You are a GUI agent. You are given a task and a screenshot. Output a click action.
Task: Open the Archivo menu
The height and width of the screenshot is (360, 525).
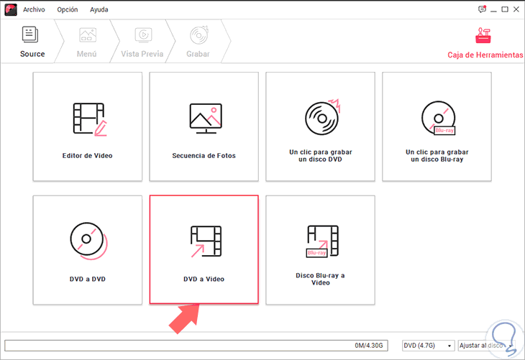pyautogui.click(x=34, y=10)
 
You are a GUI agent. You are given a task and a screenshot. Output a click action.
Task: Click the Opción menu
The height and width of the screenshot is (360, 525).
pyautogui.click(x=68, y=10)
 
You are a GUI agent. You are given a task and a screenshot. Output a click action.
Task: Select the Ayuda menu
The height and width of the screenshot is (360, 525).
pyautogui.click(x=99, y=10)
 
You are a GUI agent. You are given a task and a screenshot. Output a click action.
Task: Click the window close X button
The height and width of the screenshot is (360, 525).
pyautogui.click(x=516, y=9)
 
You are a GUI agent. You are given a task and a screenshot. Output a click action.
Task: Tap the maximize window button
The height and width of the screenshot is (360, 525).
pyautogui.click(x=505, y=9)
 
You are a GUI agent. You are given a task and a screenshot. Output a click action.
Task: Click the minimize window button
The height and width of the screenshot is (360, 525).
pyautogui.click(x=493, y=10)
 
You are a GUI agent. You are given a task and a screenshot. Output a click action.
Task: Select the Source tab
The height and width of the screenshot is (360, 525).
pyautogui.click(x=32, y=42)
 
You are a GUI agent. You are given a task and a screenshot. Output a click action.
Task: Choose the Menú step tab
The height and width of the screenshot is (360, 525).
pyautogui.click(x=87, y=42)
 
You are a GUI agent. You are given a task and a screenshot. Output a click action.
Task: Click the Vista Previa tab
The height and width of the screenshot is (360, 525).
pyautogui.click(x=142, y=42)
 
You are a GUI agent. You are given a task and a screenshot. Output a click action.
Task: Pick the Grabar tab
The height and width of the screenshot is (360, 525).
pyautogui.click(x=198, y=42)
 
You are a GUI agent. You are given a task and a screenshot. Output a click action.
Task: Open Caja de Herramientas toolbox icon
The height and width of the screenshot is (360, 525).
pyautogui.click(x=483, y=35)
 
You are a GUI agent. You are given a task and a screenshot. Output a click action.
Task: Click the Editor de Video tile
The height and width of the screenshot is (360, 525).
pyautogui.click(x=88, y=126)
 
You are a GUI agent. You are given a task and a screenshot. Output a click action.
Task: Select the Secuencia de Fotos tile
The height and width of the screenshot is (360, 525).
pyautogui.click(x=204, y=126)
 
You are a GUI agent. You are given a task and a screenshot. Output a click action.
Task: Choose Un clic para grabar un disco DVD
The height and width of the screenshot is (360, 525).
pyautogui.click(x=321, y=126)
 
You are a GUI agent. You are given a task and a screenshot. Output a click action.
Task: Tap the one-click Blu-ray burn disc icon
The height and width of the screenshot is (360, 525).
pyautogui.click(x=438, y=118)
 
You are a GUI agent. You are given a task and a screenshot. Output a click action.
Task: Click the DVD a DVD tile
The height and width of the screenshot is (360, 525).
pyautogui.click(x=88, y=250)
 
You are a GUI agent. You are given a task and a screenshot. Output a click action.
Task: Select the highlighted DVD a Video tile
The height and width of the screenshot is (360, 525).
pyautogui.click(x=204, y=249)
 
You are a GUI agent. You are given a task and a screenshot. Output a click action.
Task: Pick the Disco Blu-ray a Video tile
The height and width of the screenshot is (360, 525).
pyautogui.click(x=321, y=250)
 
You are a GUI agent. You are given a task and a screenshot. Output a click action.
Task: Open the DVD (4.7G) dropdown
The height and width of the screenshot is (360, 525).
pyautogui.click(x=428, y=346)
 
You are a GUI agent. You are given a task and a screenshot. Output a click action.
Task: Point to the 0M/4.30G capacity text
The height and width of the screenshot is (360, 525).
pyautogui.click(x=369, y=346)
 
